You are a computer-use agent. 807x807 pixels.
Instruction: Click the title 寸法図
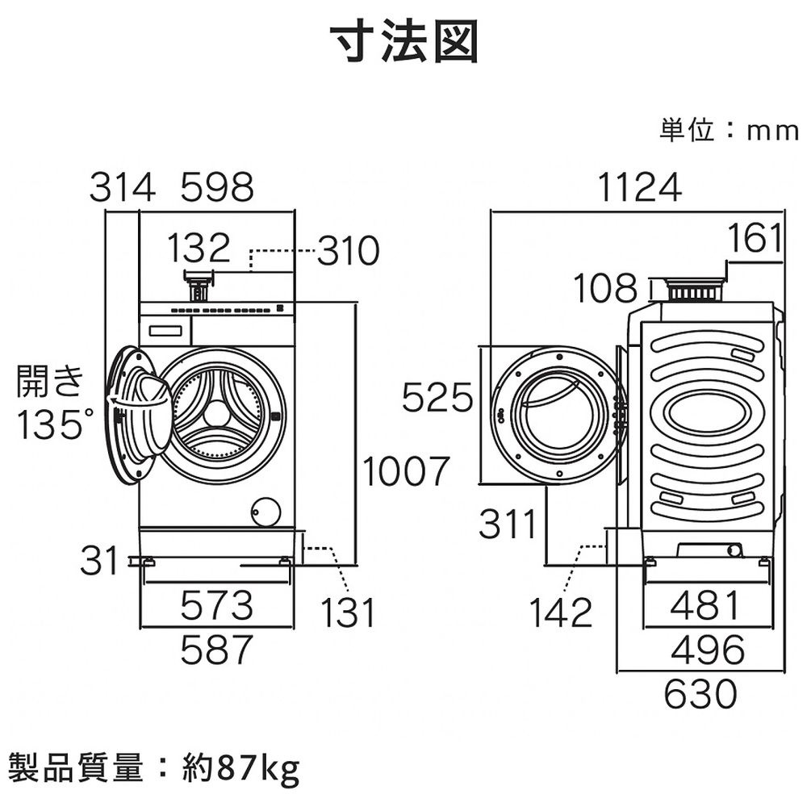point(403,42)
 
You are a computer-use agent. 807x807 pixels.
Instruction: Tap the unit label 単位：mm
point(728,131)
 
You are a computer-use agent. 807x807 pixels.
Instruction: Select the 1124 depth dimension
point(640,188)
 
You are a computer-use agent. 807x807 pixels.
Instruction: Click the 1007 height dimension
point(404,471)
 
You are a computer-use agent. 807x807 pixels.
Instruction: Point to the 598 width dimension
point(216,188)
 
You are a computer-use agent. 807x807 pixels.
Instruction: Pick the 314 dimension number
point(121,188)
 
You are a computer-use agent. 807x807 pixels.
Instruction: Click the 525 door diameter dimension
point(437,398)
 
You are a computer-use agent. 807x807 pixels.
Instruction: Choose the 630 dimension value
point(700,693)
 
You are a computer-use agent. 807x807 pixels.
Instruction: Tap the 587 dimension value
point(216,650)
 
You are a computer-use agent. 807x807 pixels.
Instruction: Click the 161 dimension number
point(755,239)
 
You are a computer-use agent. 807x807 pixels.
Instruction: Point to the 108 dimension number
point(605,288)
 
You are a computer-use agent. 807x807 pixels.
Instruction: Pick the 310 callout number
point(347,253)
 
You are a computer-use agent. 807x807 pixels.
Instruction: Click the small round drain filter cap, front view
point(266,511)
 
